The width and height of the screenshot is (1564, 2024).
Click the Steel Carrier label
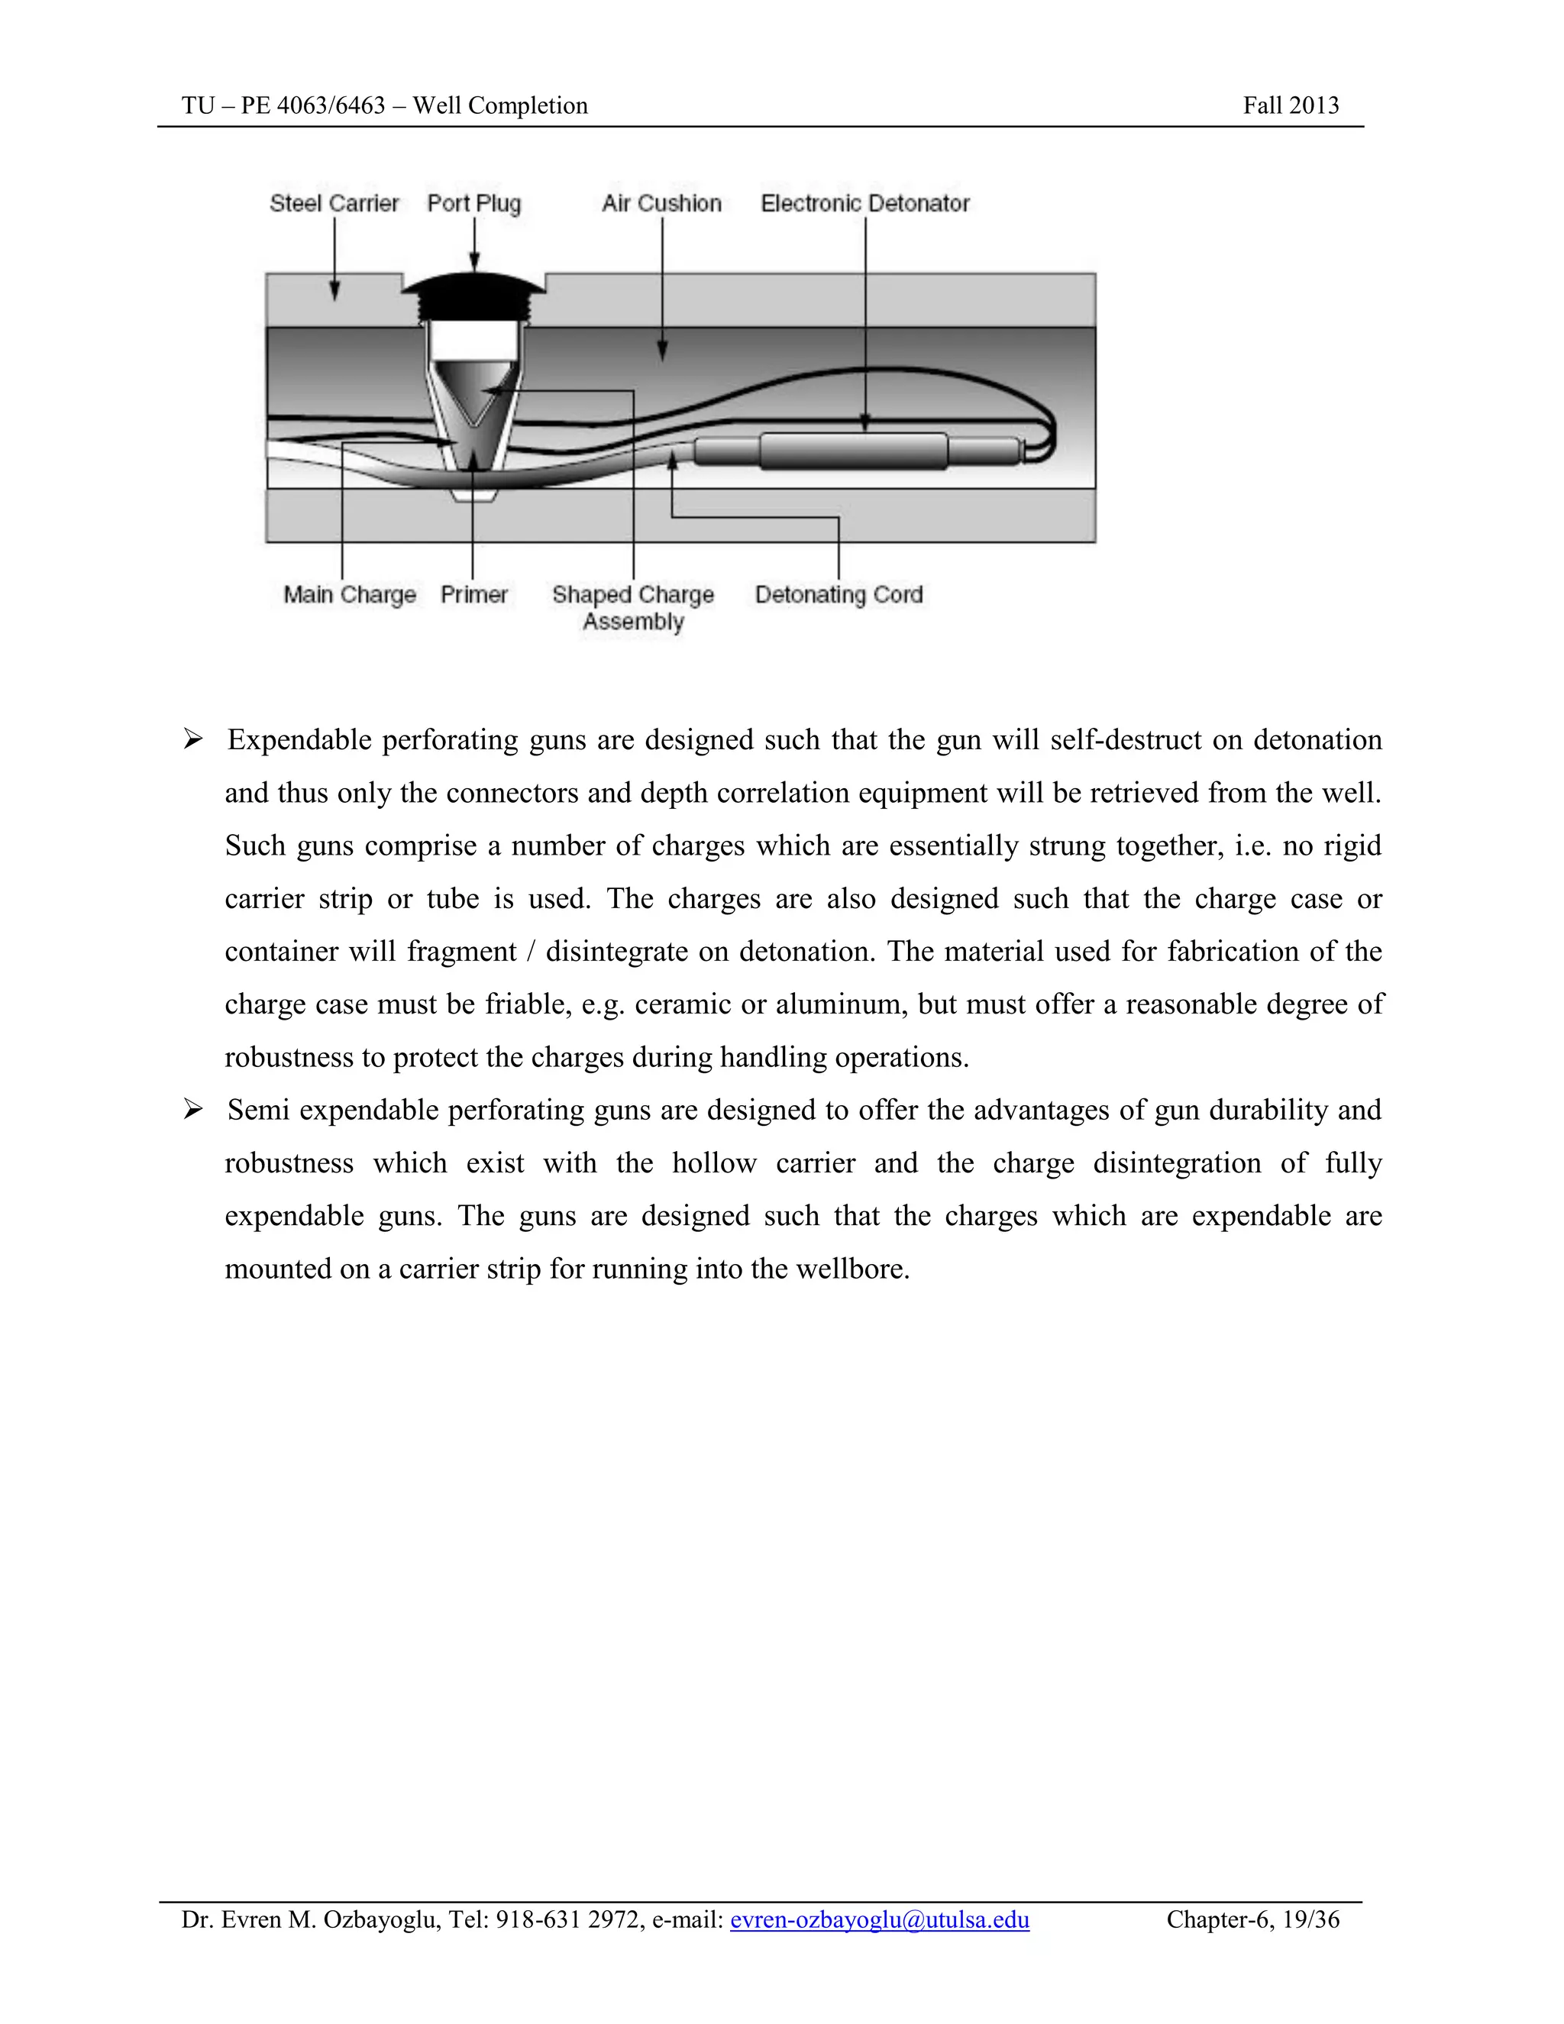pyautogui.click(x=334, y=204)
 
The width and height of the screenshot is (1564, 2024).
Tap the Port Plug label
pyautogui.click(x=473, y=204)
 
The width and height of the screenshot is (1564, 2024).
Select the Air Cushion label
pyautogui.click(x=661, y=204)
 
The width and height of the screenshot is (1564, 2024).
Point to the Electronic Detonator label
pyautogui.click(x=864, y=204)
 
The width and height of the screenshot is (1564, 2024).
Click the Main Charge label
pyautogui.click(x=349, y=594)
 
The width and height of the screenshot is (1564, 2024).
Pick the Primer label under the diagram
pyautogui.click(x=473, y=594)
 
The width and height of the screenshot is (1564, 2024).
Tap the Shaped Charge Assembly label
pyautogui.click(x=633, y=607)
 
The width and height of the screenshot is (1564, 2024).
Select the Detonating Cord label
pyautogui.click(x=839, y=594)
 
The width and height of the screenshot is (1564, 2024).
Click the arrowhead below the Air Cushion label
pyautogui.click(x=661, y=351)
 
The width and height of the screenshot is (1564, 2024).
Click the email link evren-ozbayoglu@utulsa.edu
pyautogui.click(x=879, y=1919)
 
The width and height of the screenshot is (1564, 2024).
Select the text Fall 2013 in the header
pyautogui.click(x=1291, y=105)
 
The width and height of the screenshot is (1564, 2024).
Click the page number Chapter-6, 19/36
pyautogui.click(x=1252, y=1919)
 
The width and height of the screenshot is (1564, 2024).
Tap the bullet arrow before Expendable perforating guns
pyautogui.click(x=192, y=739)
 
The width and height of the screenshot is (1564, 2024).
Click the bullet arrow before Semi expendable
pyautogui.click(x=192, y=1109)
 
